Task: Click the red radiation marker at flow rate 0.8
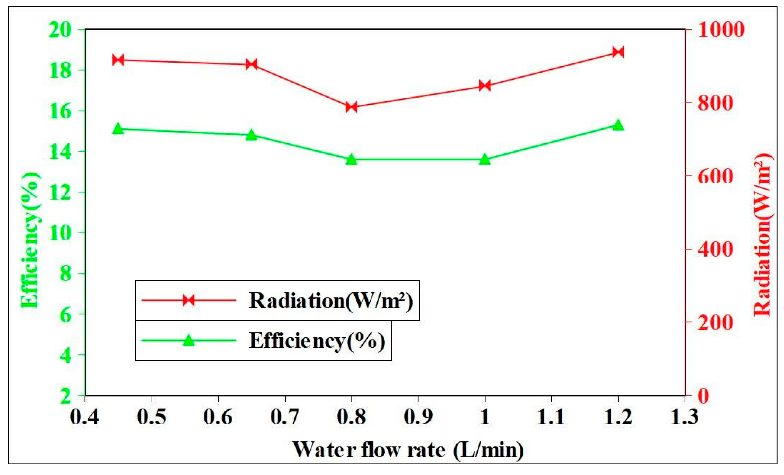[x=351, y=107]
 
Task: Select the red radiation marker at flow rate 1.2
[x=618, y=52]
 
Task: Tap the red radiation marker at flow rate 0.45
[x=118, y=60]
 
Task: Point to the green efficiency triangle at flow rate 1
[x=485, y=159]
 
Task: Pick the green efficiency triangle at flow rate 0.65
[x=251, y=135]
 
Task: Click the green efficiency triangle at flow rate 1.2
[x=618, y=125]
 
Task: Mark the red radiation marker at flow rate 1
[x=485, y=86]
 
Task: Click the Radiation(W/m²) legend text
[x=331, y=301]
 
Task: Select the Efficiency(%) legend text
[x=317, y=340]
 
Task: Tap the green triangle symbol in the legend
[x=188, y=340]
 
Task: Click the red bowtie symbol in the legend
[x=188, y=300]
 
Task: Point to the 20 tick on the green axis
[x=60, y=30]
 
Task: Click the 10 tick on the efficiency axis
[x=60, y=232]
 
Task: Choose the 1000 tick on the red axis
[x=721, y=30]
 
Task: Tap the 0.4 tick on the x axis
[x=85, y=417]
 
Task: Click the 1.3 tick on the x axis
[x=684, y=417]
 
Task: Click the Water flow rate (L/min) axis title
[x=408, y=450]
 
